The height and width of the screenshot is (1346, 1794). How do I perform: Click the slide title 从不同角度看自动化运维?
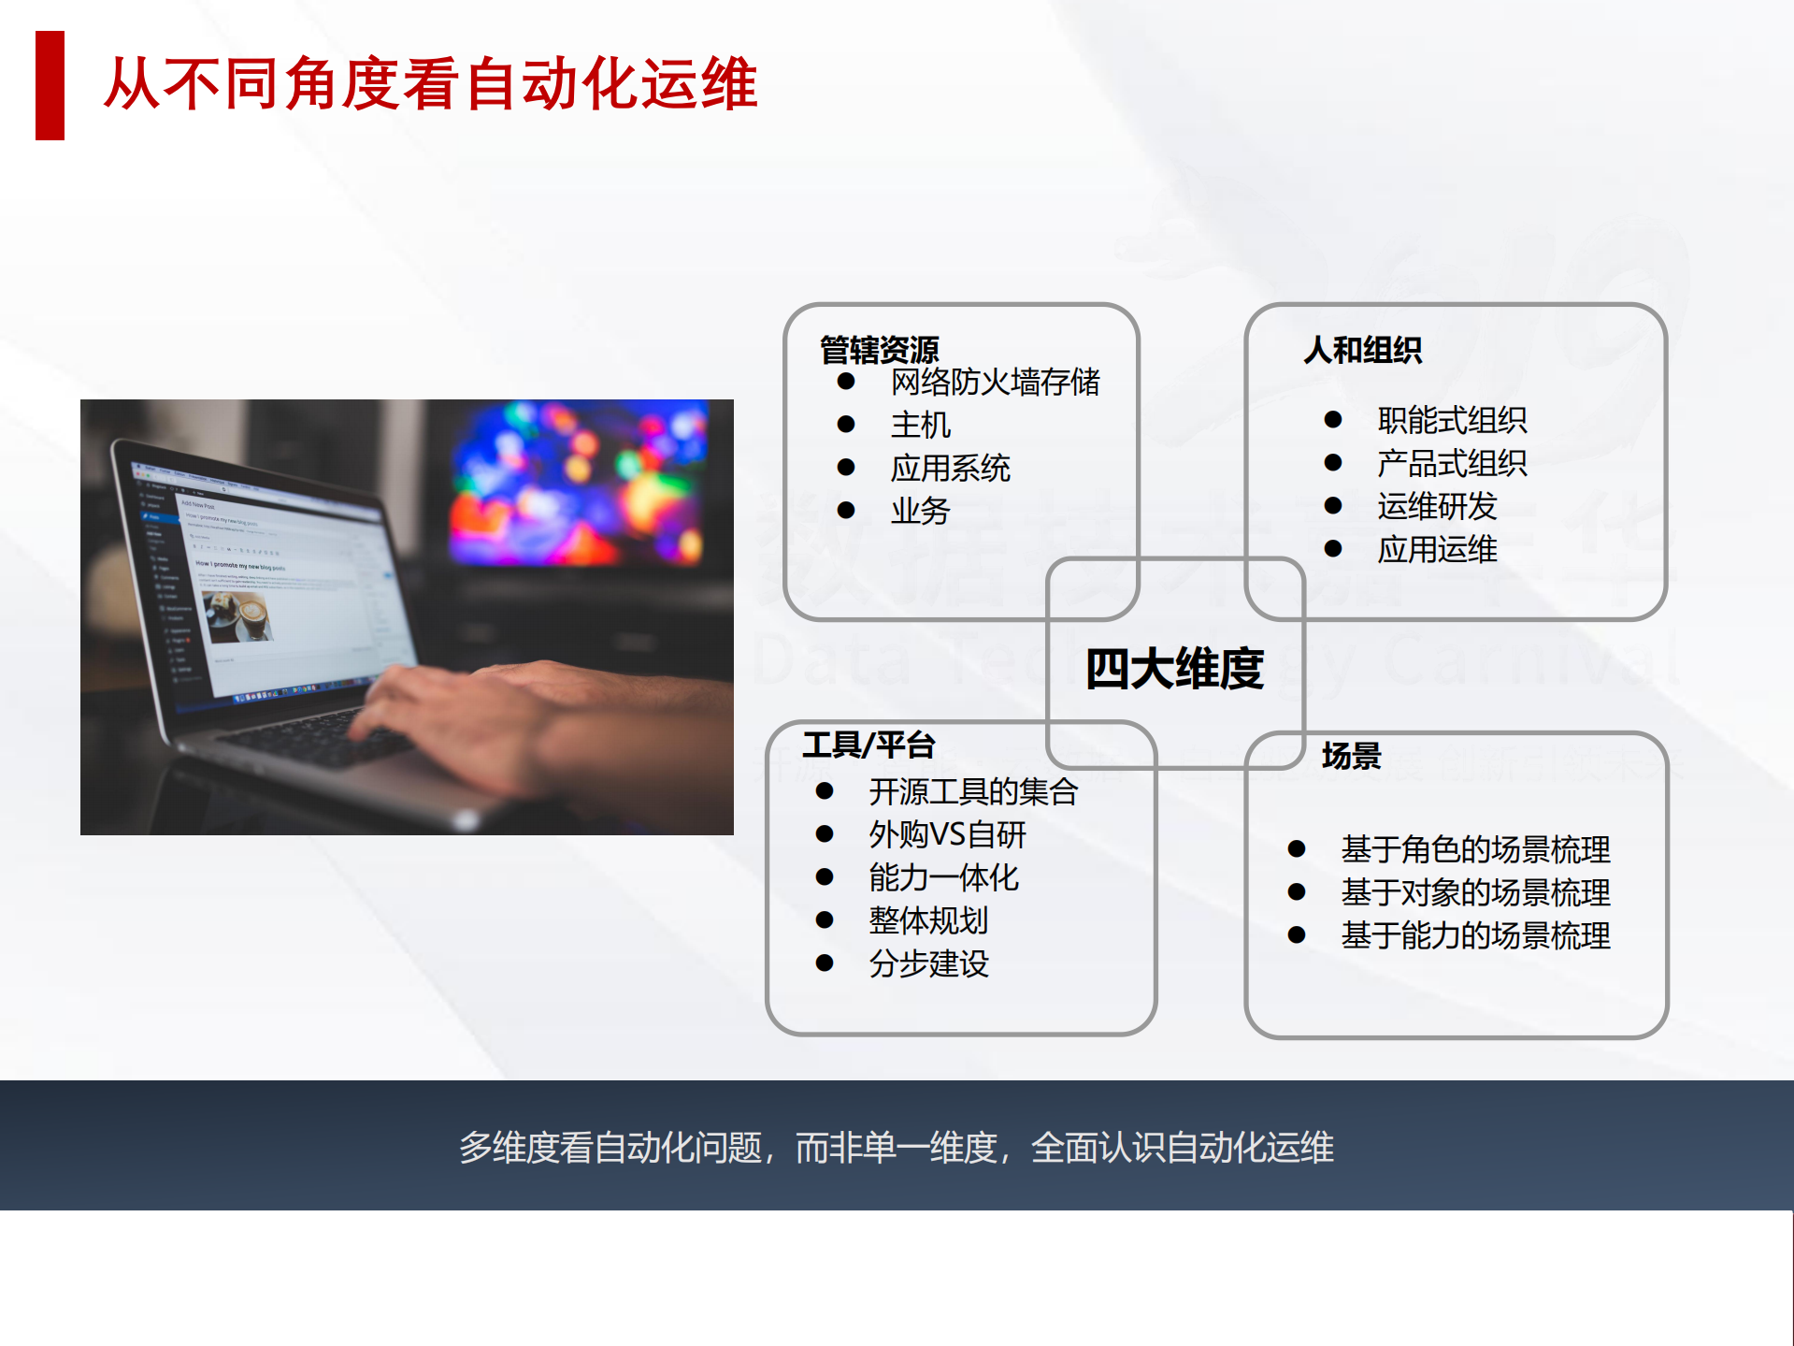(x=430, y=84)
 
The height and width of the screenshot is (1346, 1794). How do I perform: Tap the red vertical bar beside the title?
(x=50, y=85)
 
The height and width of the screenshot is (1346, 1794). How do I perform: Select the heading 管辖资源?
(x=879, y=350)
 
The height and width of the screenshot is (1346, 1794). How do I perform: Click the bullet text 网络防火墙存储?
(x=995, y=382)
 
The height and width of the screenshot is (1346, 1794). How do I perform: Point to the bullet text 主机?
(x=920, y=425)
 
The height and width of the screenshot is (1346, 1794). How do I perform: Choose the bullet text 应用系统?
(x=950, y=468)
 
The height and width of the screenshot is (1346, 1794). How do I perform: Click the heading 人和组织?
(x=1362, y=350)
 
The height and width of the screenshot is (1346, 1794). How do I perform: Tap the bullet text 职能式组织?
(x=1451, y=420)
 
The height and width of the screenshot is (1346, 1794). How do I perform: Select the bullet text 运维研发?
(x=1436, y=506)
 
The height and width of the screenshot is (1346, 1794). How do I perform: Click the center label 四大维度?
(x=1174, y=669)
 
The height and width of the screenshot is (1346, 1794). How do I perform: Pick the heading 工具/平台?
(x=868, y=745)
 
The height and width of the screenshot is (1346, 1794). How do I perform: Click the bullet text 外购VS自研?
(x=947, y=834)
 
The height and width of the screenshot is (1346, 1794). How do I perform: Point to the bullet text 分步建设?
(x=928, y=963)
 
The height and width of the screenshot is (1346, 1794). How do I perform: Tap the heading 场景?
(x=1351, y=755)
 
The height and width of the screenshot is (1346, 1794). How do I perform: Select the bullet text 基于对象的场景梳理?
(x=1475, y=892)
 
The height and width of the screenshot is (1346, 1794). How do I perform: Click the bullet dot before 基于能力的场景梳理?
(x=1296, y=935)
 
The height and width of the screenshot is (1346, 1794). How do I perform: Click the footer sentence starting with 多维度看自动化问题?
(x=896, y=1148)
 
